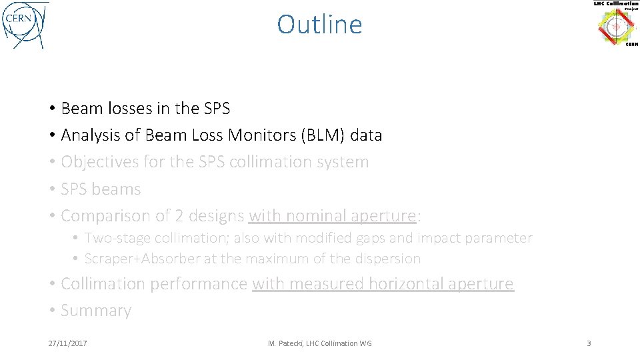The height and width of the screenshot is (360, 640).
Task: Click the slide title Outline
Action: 319,25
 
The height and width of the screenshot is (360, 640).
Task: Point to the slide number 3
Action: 589,343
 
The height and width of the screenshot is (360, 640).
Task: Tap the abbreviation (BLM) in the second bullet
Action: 323,135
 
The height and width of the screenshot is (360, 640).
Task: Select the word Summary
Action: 96,311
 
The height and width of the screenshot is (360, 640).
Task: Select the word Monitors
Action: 262,135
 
